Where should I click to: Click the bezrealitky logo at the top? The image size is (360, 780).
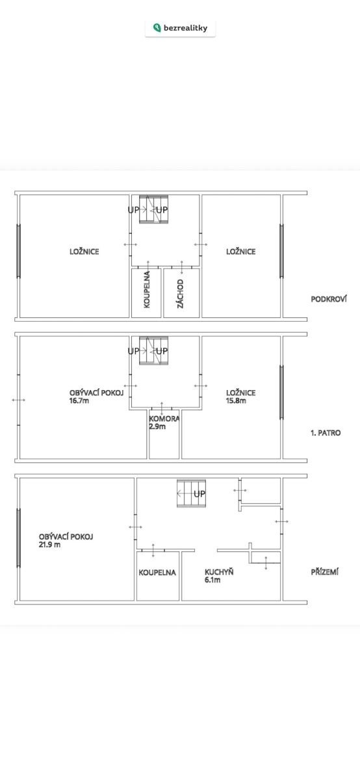(x=181, y=28)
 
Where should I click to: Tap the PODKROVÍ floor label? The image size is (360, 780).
(x=329, y=299)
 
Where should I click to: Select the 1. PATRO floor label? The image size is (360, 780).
(x=326, y=433)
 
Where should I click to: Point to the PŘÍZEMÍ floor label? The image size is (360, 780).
(x=324, y=572)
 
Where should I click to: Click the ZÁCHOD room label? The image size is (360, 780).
(x=181, y=294)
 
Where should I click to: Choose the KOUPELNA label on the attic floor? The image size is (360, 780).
(x=147, y=289)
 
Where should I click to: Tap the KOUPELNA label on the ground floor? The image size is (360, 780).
(x=157, y=573)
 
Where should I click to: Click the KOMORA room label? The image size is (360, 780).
(x=164, y=419)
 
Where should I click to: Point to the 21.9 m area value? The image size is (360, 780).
(x=49, y=545)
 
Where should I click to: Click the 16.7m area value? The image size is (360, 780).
(x=79, y=400)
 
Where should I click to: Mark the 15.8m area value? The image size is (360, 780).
(x=236, y=400)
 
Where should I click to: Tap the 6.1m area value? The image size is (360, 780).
(x=212, y=580)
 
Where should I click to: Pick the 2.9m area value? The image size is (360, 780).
(x=157, y=426)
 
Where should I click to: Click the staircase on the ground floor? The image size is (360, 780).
(x=191, y=493)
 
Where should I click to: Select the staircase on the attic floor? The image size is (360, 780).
(x=153, y=209)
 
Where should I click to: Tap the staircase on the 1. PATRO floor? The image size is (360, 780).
(x=153, y=350)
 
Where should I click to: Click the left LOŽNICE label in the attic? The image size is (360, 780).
(x=84, y=252)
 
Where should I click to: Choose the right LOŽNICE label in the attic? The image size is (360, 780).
(x=241, y=252)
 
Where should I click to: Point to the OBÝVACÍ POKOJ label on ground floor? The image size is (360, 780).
(x=66, y=537)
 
